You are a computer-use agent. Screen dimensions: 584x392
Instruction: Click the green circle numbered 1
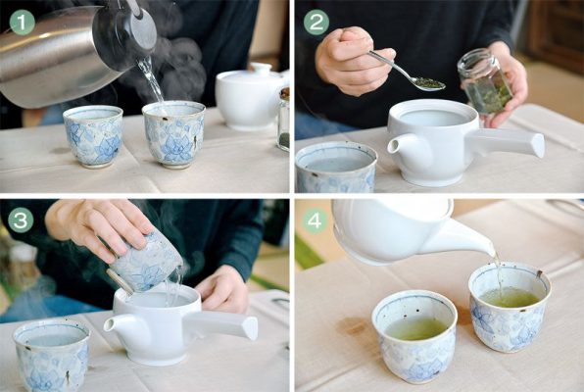coord(22,23)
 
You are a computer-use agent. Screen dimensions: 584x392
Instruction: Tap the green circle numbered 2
coord(316,23)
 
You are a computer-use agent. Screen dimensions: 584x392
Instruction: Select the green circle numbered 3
coord(21,220)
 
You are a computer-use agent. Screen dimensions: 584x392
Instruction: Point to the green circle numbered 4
coord(315,221)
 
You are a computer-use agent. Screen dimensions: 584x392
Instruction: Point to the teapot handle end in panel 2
coord(537,145)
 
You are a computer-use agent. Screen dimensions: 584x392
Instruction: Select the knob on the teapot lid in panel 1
coord(261,68)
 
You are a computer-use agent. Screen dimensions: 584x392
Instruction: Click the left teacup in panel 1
coord(93,136)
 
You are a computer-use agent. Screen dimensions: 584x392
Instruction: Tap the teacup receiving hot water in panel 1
coord(174,134)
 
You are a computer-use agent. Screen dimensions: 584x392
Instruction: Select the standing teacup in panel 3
coord(52,355)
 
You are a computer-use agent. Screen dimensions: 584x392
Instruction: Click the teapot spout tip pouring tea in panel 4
coord(494,253)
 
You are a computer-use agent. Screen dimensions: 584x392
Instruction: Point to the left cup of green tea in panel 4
coord(414,336)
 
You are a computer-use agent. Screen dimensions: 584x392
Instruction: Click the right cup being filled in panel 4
coord(510,307)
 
